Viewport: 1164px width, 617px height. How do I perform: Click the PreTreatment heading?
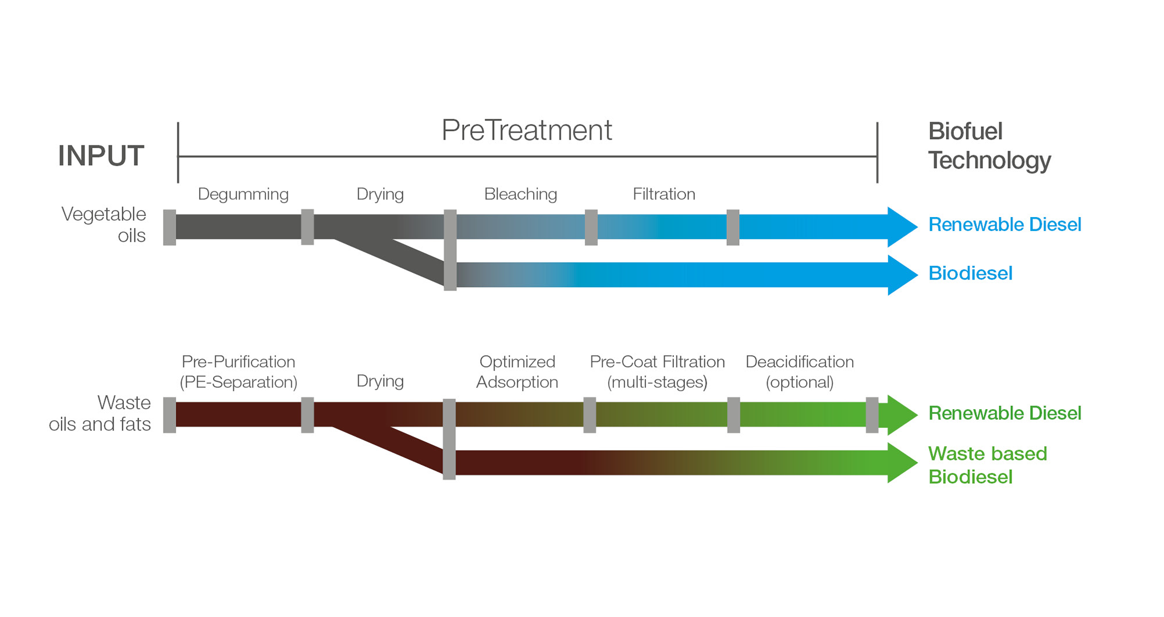[527, 130]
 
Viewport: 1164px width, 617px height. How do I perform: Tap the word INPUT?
[101, 156]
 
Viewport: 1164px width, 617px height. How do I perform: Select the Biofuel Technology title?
[989, 146]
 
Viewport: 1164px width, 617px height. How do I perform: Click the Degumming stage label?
[243, 194]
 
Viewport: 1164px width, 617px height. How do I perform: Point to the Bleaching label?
[521, 194]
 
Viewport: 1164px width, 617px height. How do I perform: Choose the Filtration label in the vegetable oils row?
[664, 194]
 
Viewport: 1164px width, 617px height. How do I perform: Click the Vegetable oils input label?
[104, 225]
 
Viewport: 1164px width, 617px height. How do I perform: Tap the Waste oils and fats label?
[100, 413]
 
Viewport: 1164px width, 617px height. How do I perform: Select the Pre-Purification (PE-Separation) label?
[239, 372]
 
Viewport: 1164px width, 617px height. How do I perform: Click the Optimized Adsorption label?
[517, 372]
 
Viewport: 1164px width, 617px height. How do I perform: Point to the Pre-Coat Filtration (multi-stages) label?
[658, 372]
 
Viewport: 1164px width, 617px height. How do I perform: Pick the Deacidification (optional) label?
[800, 372]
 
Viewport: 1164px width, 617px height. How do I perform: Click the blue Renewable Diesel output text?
[1005, 225]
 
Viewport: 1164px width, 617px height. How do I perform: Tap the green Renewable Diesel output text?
[1005, 413]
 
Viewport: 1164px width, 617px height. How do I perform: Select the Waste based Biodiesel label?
[988, 465]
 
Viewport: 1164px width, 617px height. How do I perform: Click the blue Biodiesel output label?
[970, 274]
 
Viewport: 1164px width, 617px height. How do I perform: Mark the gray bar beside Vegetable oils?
[169, 228]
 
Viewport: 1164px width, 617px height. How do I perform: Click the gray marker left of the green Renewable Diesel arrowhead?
[872, 415]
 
